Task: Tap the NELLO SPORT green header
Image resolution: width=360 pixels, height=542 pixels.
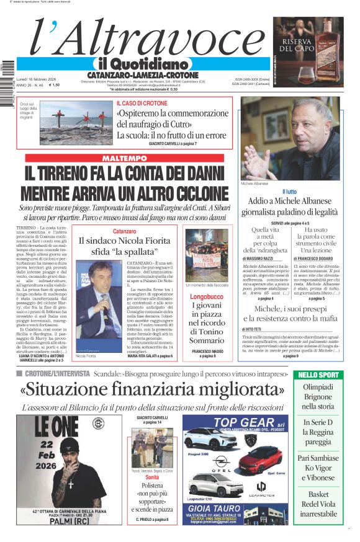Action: tap(319, 375)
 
